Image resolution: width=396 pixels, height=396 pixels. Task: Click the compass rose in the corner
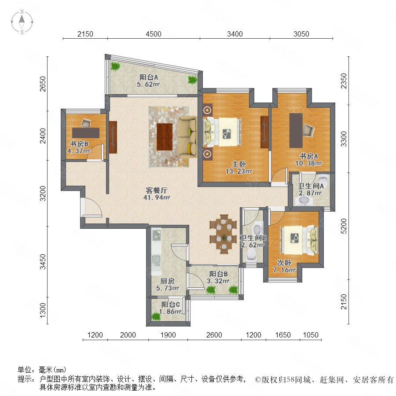coord(22,22)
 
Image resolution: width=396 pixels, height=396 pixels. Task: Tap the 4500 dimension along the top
coord(154,34)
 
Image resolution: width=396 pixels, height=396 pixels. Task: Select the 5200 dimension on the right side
coord(344,226)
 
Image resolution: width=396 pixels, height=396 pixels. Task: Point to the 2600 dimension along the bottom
coord(214,335)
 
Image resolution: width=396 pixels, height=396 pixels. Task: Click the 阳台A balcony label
coord(149,77)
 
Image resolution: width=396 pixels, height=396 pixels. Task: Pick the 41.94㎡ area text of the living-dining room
coord(157,198)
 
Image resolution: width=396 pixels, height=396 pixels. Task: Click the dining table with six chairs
coord(223,234)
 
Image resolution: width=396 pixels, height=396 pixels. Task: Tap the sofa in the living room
coord(187,137)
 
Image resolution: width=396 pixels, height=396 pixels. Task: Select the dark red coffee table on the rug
coord(165,137)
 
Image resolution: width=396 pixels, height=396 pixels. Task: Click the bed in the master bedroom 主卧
coord(222,132)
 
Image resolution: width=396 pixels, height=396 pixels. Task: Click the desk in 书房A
coord(296,130)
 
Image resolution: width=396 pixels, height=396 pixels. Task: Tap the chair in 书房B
coord(86,123)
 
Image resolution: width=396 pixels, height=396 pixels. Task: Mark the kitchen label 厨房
coord(168,281)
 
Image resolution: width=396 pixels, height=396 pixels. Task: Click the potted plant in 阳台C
coord(156,316)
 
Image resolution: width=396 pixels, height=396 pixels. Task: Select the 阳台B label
coord(218,274)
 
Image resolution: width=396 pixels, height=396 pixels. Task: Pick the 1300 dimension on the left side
coord(43,310)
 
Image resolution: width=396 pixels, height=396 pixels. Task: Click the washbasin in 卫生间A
coord(304,201)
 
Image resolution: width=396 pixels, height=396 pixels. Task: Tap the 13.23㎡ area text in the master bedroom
coord(238,172)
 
